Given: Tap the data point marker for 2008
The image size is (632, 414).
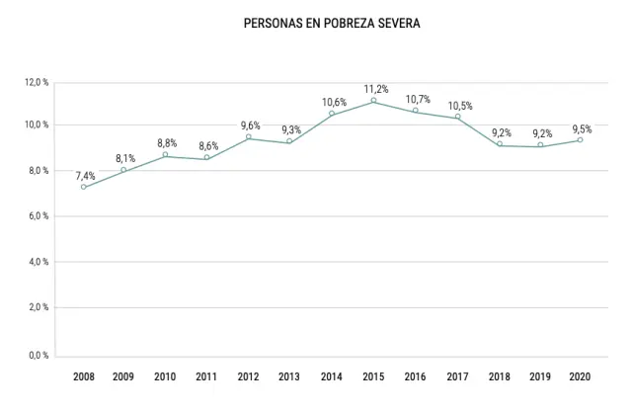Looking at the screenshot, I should tap(83, 187).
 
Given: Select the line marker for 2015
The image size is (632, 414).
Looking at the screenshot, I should tap(374, 100).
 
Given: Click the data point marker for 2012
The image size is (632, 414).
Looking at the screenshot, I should tap(249, 137).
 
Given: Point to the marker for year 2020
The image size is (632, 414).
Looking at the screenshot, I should tap(581, 140).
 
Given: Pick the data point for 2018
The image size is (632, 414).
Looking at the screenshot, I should tap(500, 144).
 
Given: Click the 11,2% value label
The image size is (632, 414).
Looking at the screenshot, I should tap(375, 88).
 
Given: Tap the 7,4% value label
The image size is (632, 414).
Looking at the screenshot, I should tap(85, 175).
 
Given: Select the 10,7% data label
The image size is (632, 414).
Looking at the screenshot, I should tap(418, 99).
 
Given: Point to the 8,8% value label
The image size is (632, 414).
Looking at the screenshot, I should tap(167, 143).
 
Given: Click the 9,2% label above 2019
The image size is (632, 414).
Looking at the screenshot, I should tap(541, 132).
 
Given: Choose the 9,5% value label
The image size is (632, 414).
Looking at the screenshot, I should tap(582, 128).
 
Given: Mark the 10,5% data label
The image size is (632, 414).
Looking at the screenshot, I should tap(459, 105).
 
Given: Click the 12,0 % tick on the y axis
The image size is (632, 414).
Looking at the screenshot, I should tap(38, 83).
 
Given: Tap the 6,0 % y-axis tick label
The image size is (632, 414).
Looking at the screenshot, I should tap(39, 216).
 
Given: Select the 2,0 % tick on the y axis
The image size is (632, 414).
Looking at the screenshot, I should tap(39, 307).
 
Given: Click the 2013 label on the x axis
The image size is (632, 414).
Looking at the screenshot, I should tap(289, 376).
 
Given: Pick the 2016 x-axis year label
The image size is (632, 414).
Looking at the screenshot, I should tap(415, 376).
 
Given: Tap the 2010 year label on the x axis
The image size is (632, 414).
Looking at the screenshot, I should tap(165, 376).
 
